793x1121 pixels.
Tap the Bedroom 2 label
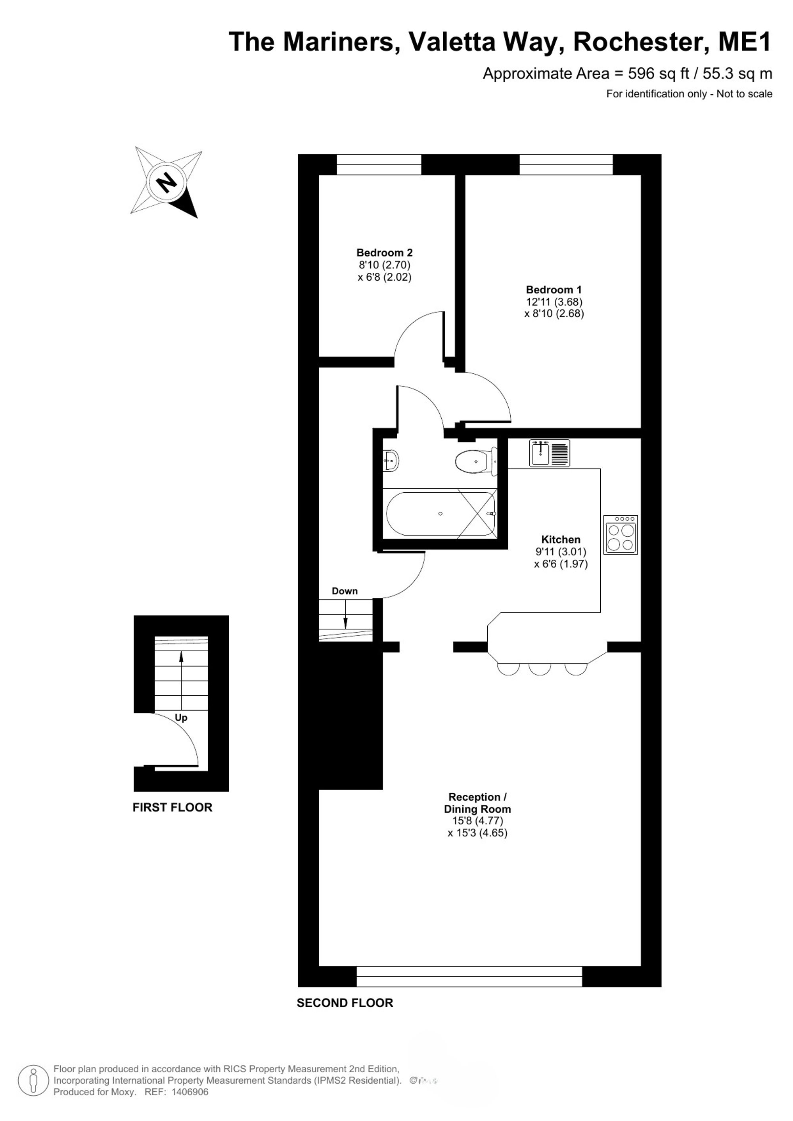[x=384, y=253]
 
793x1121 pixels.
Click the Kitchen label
[x=561, y=539]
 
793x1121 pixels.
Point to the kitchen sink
[x=549, y=453]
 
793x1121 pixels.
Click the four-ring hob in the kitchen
[x=620, y=535]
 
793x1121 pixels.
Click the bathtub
[x=441, y=514]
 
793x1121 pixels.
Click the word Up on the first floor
[x=181, y=718]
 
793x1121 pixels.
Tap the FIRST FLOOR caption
[x=172, y=807]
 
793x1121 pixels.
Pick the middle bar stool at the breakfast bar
[x=540, y=669]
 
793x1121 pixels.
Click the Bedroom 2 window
[x=379, y=165]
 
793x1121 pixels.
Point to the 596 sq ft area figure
[x=658, y=74]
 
